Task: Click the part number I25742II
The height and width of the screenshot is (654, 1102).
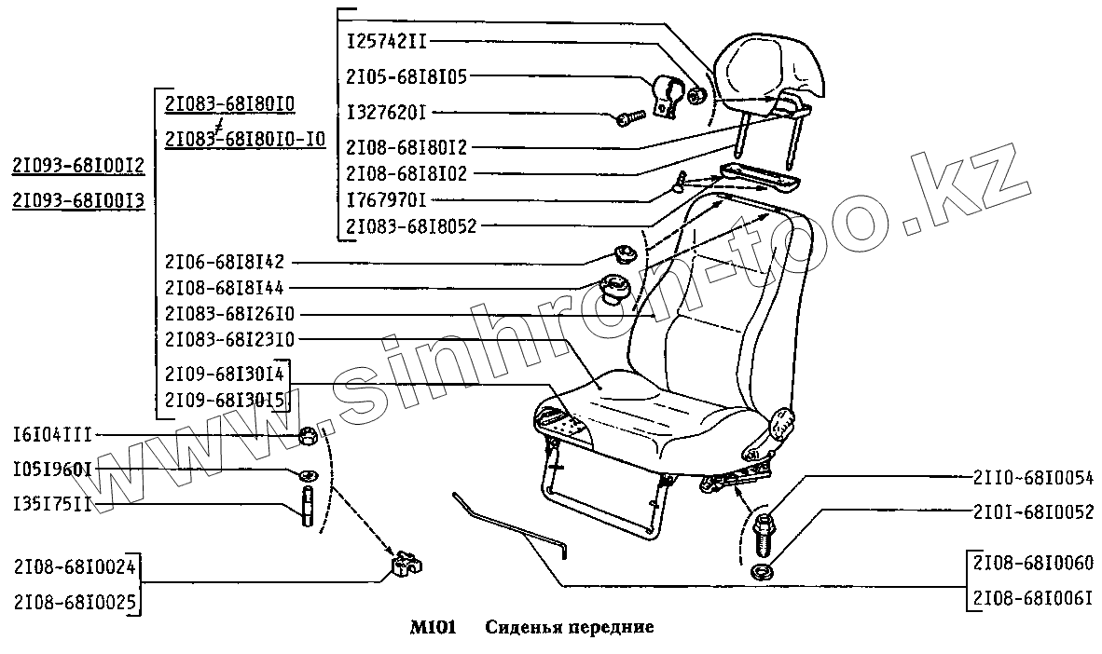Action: [388, 42]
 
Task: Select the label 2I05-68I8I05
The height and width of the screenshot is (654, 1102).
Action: [406, 77]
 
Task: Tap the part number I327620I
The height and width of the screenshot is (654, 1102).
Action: [386, 113]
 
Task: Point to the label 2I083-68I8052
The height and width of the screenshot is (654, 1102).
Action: [411, 225]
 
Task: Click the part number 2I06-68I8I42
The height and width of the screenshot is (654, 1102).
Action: [223, 262]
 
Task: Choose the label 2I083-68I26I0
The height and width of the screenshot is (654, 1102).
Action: [229, 314]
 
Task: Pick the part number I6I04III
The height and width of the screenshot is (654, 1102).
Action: [52, 435]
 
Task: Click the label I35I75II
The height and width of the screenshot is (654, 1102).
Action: [52, 504]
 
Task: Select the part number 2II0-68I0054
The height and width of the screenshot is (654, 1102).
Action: [1032, 477]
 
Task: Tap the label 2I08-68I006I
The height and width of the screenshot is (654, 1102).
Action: [1032, 599]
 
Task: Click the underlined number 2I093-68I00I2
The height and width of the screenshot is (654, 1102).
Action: [77, 166]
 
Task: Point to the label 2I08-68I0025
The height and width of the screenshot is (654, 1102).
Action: [75, 600]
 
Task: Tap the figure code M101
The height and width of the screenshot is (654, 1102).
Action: [432, 628]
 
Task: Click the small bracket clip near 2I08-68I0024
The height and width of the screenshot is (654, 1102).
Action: [404, 564]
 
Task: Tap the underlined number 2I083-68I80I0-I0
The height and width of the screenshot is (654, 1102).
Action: [244, 140]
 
